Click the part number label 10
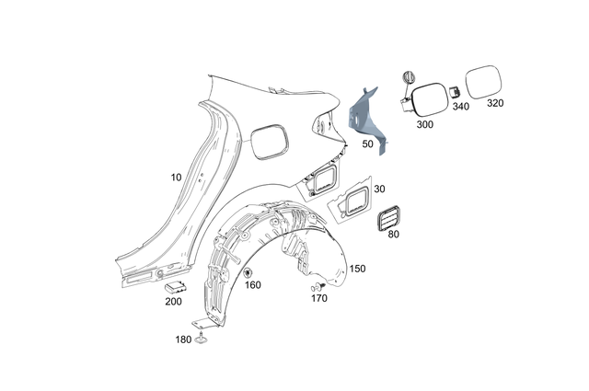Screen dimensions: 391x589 coord(176,176)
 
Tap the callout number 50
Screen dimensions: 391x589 coord(366,144)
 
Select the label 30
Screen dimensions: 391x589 coord(379,189)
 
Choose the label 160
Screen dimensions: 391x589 coord(253,285)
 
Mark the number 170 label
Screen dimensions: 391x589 coord(319,298)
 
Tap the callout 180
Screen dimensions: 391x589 coord(184,340)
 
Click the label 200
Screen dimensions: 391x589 coord(172,302)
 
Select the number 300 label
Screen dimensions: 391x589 coord(425,123)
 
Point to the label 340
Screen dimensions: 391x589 coord(460,107)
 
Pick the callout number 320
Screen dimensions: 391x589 coord(495,104)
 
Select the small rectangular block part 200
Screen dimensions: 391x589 coord(175,288)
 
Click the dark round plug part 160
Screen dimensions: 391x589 coord(248,272)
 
